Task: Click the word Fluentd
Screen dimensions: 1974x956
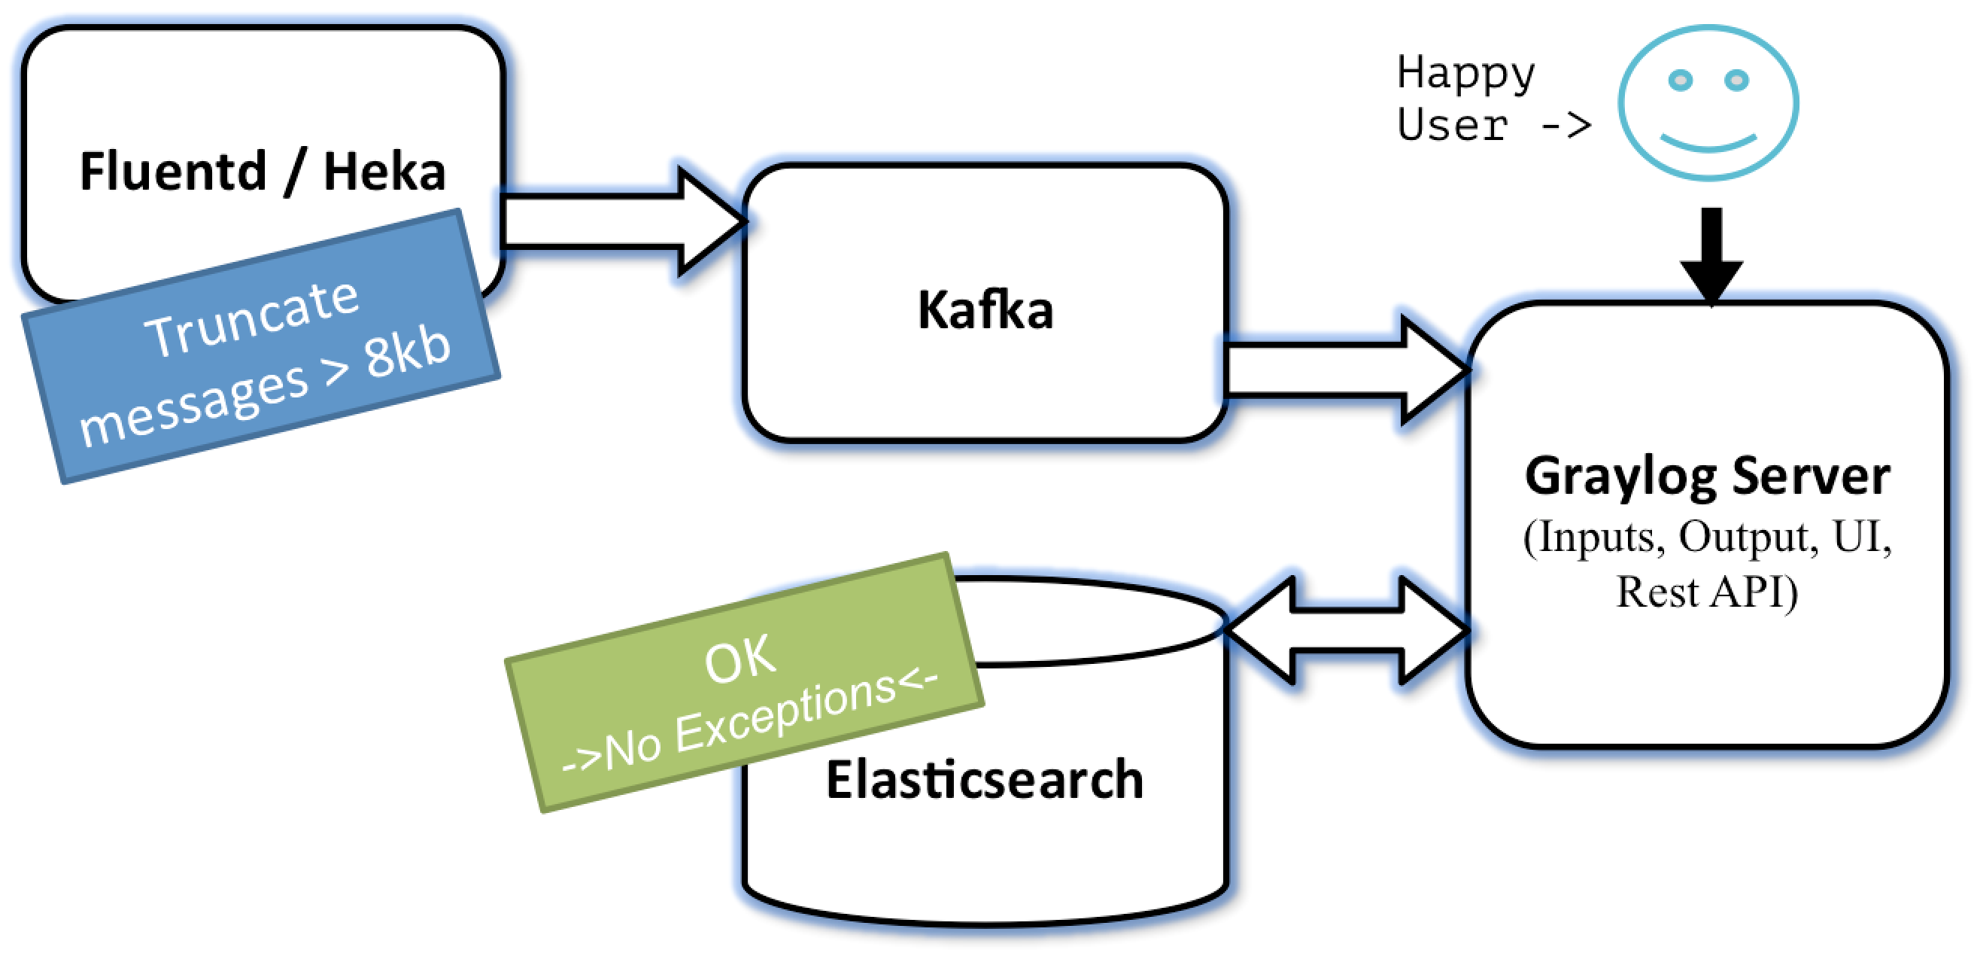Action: pyautogui.click(x=173, y=171)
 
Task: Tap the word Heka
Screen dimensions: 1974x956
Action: pyautogui.click(x=384, y=171)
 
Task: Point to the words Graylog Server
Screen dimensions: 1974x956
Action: pyautogui.click(x=1708, y=476)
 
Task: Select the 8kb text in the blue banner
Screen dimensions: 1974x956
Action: pyautogui.click(x=407, y=352)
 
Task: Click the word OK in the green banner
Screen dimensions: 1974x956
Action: pyautogui.click(x=740, y=659)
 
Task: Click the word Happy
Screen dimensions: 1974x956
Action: pyautogui.click(x=1466, y=75)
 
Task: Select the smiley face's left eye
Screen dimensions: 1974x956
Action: pyautogui.click(x=1680, y=80)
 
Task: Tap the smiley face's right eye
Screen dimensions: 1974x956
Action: pyautogui.click(x=1736, y=80)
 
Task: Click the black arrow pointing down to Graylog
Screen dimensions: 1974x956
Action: pyautogui.click(x=1711, y=257)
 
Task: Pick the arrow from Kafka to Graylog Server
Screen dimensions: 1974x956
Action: pyautogui.click(x=1347, y=370)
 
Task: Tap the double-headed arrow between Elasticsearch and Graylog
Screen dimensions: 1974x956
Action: pyautogui.click(x=1347, y=630)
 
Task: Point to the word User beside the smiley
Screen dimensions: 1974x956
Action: pyautogui.click(x=1452, y=125)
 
